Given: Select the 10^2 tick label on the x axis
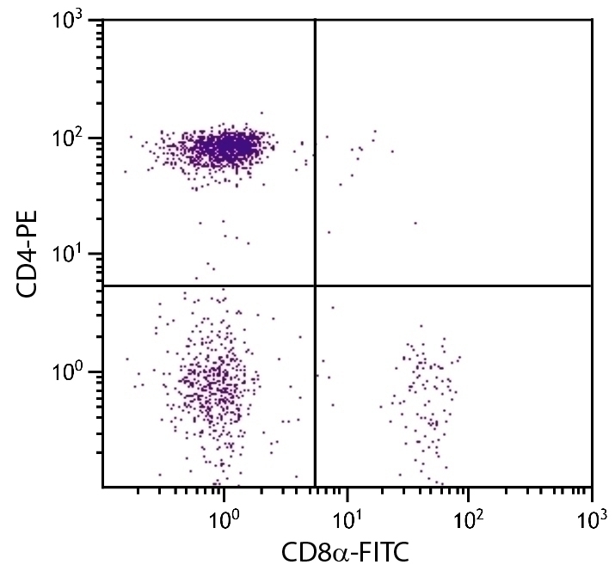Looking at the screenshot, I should click(469, 519).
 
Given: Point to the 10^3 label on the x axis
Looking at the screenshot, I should click(591, 519).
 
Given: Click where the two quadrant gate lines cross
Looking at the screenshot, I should click(315, 285).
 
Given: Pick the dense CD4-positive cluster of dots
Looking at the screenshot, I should click(227, 148).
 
